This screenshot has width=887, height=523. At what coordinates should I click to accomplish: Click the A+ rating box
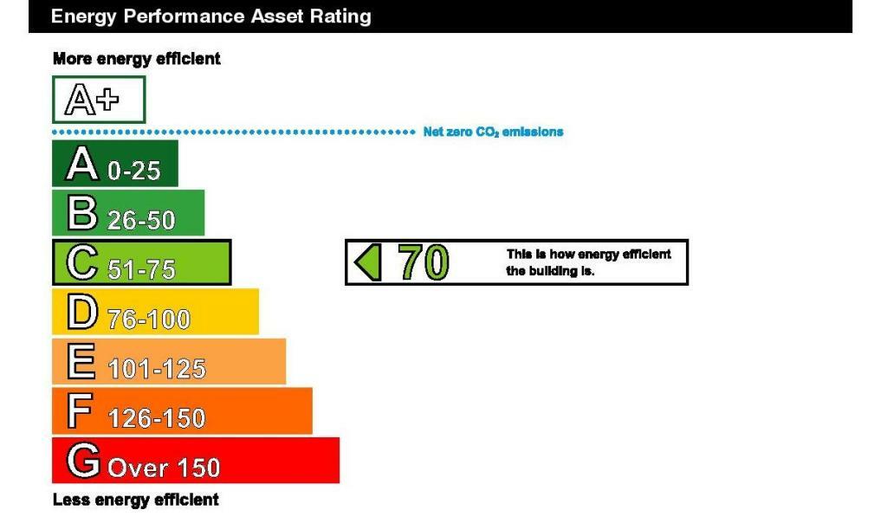coord(99,100)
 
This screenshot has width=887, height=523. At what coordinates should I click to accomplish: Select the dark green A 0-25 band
coord(115,164)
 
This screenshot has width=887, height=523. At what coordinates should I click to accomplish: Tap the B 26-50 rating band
coord(128,213)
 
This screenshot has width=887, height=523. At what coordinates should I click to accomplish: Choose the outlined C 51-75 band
coord(141,262)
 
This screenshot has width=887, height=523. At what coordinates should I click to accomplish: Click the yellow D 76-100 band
coord(156,312)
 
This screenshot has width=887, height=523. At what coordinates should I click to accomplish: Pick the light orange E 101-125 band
coord(169,361)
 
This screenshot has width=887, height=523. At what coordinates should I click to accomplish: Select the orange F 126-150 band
coord(182,410)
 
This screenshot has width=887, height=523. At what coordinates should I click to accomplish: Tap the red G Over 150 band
coord(196,461)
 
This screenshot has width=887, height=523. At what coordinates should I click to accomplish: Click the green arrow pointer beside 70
coord(368,262)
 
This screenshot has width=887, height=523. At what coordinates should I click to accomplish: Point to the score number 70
coord(424,262)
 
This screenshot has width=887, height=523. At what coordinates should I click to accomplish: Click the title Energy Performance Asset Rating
coord(211,16)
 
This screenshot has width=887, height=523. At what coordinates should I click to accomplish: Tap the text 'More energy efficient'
coord(136,59)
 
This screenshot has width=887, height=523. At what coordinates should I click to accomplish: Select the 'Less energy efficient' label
coord(136,500)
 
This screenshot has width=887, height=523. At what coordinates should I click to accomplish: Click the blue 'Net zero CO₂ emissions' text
coord(493,132)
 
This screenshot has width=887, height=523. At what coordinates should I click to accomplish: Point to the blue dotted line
coord(234,132)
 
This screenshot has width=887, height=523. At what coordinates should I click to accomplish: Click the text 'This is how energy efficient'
coord(588,255)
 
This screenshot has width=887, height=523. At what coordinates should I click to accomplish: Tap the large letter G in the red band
coord(83,460)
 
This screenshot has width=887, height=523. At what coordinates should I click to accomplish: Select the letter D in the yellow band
coord(82,312)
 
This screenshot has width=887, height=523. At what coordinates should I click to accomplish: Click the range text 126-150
coord(156,419)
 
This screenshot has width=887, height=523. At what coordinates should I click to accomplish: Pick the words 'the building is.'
coord(550,271)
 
